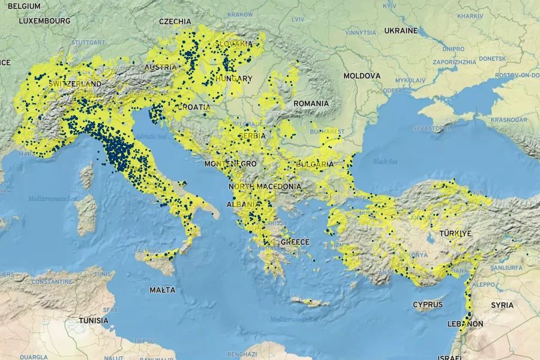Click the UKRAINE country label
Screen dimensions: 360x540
pyautogui.click(x=401, y=30)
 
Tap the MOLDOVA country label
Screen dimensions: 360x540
pyautogui.click(x=362, y=76)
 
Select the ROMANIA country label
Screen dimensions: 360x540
pyautogui.click(x=311, y=103)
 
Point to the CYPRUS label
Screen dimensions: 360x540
pyautogui.click(x=428, y=305)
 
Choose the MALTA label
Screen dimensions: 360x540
pyautogui.click(x=163, y=290)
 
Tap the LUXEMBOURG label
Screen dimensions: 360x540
pyautogui.click(x=44, y=20)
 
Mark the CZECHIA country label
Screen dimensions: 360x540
pyautogui.click(x=175, y=21)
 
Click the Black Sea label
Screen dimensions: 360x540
pyautogui.click(x=385, y=161)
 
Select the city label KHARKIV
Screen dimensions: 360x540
pyautogui.click(x=470, y=16)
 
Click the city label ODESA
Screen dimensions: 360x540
pyautogui.click(x=392, y=91)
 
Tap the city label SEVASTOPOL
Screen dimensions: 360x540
pyautogui.click(x=432, y=128)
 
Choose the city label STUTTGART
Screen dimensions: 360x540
pyautogui.click(x=88, y=43)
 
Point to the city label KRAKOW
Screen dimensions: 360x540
pyautogui.click(x=241, y=14)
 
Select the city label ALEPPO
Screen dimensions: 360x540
pyautogui.click(x=484, y=284)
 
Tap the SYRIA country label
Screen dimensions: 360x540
pyautogui.click(x=502, y=305)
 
